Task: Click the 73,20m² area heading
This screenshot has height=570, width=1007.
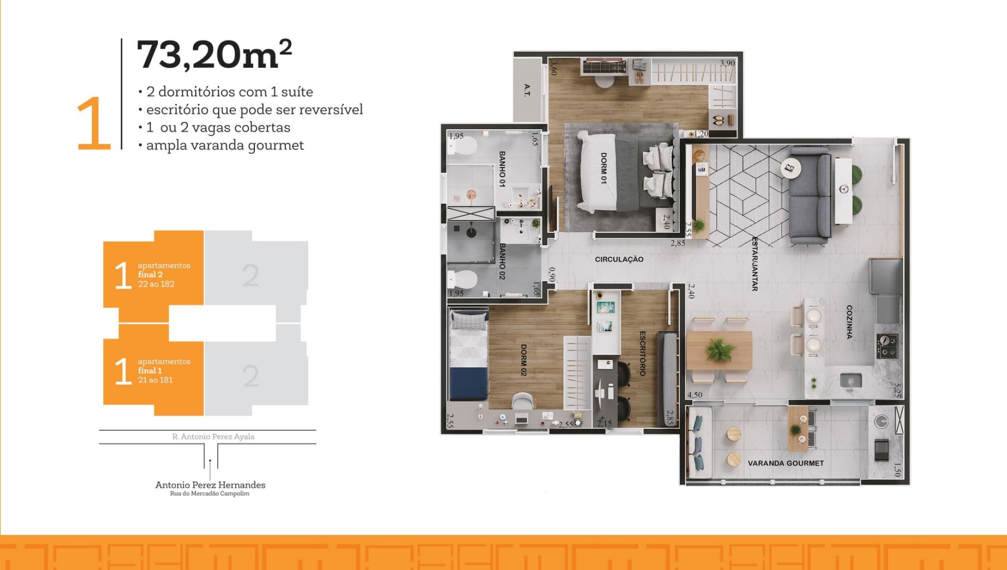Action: click(x=214, y=55)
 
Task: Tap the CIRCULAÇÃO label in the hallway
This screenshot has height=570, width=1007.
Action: click(x=619, y=259)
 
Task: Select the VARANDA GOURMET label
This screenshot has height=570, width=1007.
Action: click(x=786, y=463)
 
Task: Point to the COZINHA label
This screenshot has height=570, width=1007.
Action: click(x=850, y=322)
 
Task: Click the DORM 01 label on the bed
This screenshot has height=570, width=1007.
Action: click(x=603, y=168)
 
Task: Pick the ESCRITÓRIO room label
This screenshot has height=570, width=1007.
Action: click(x=642, y=353)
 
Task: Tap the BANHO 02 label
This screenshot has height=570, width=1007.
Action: click(x=502, y=261)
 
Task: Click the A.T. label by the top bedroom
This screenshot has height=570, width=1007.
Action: click(x=527, y=90)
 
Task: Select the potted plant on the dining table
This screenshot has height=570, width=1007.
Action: click(x=720, y=349)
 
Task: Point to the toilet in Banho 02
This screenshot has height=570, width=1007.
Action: click(x=463, y=279)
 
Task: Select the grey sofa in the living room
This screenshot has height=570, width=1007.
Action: click(x=810, y=196)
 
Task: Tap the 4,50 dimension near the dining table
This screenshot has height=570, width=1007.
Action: click(x=694, y=395)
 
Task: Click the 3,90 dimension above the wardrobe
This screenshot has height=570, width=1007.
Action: click(x=727, y=63)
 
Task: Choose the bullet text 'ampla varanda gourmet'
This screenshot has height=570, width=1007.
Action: click(x=225, y=145)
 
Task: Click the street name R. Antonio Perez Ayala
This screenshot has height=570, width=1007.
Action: click(x=213, y=437)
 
